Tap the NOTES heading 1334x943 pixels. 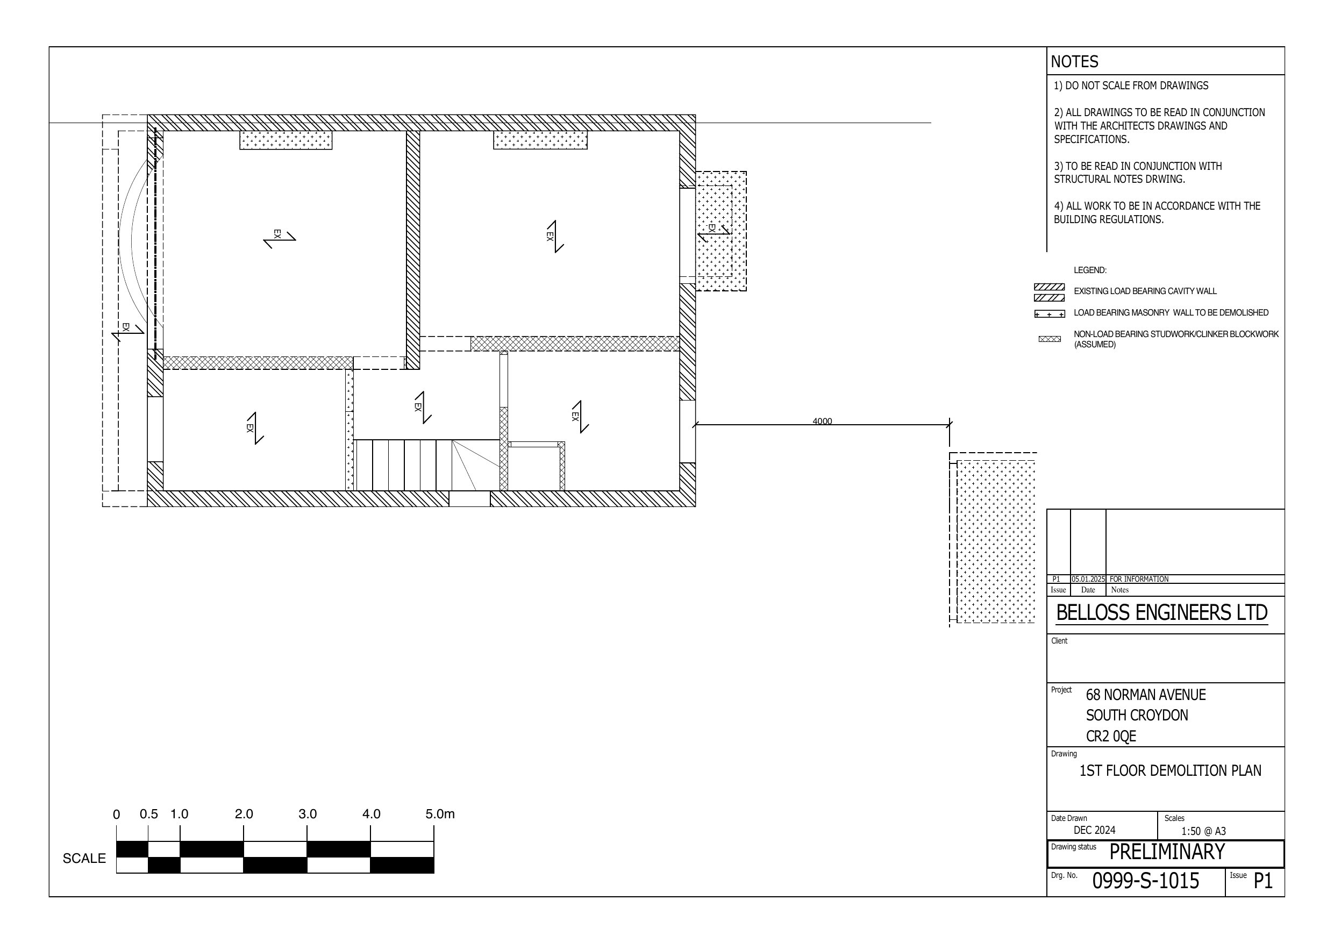tap(1074, 62)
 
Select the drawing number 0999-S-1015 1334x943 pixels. tap(1146, 881)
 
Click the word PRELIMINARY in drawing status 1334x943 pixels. tap(1167, 852)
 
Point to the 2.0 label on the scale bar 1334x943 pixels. tap(244, 814)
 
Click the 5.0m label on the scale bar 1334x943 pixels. tap(440, 814)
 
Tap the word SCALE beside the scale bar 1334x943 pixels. tap(84, 858)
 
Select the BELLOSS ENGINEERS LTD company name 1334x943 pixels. tap(1162, 612)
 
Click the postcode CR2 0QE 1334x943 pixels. tap(1111, 736)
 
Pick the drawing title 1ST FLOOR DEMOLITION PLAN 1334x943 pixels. tap(1170, 770)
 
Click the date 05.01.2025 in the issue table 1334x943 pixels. tap(1088, 579)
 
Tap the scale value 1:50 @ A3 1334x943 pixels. tap(1203, 831)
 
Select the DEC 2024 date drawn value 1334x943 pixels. tap(1095, 830)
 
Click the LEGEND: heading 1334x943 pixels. tap(1090, 270)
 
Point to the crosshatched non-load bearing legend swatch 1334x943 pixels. tap(1050, 339)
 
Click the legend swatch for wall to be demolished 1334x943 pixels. tap(1050, 315)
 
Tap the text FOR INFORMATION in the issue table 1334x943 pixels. tap(1139, 579)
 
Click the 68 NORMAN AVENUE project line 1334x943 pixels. tap(1146, 695)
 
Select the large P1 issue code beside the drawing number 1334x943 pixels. tap(1263, 881)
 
